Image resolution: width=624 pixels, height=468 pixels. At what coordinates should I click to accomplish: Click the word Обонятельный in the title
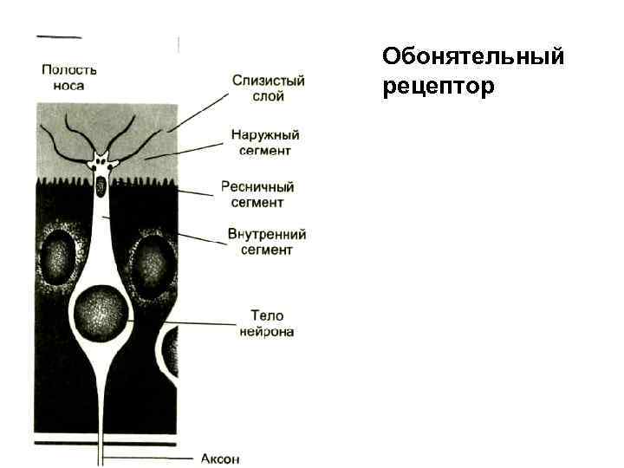click(x=472, y=57)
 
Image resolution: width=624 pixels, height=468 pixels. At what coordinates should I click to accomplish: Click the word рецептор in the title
click(x=437, y=87)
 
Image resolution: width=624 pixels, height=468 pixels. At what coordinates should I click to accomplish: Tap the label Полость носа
click(x=69, y=78)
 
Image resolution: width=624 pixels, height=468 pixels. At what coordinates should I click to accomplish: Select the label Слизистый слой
click(x=268, y=88)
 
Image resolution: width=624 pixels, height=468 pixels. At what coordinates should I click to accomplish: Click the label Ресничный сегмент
click(x=258, y=194)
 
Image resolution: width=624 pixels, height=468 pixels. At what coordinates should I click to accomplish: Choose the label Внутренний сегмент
click(x=266, y=242)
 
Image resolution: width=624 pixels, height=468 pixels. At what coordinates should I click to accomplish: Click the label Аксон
click(x=219, y=458)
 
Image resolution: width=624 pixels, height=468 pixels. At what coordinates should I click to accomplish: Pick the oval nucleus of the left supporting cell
click(x=60, y=257)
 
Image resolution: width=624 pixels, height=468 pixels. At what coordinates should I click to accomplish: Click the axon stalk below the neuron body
click(x=103, y=407)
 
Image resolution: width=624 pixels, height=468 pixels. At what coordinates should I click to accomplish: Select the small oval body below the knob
click(x=101, y=185)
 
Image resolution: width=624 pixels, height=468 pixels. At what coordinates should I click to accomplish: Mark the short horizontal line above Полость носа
click(x=59, y=37)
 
